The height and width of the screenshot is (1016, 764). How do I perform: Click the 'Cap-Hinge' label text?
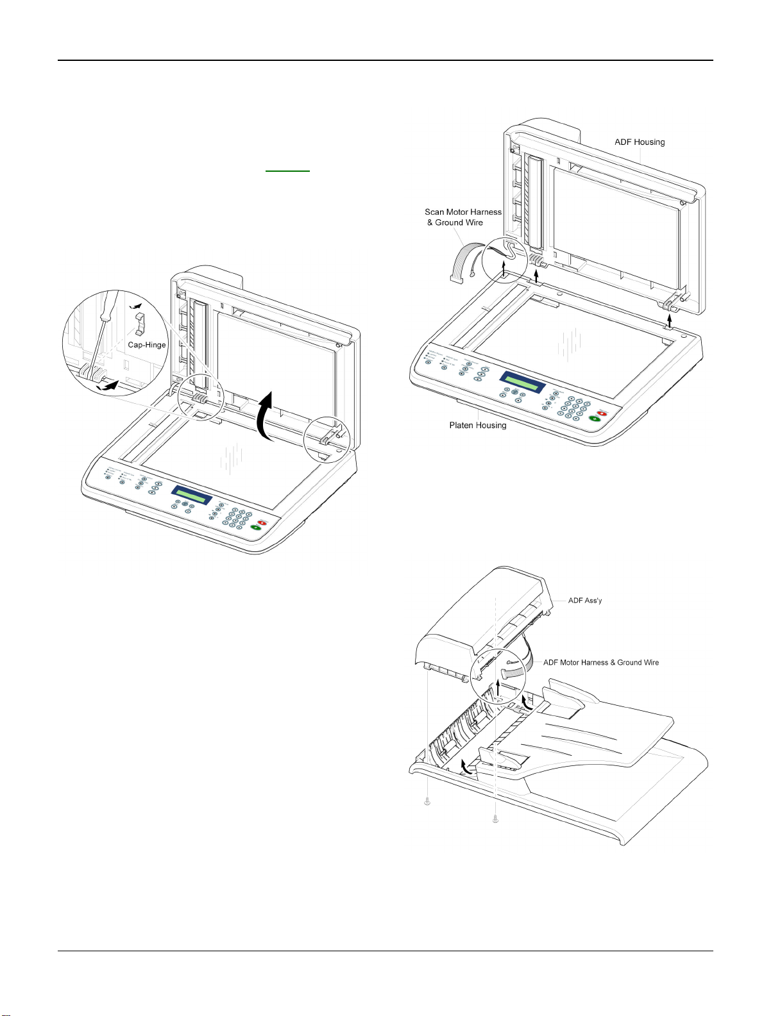(147, 345)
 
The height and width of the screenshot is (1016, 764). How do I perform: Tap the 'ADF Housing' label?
(640, 142)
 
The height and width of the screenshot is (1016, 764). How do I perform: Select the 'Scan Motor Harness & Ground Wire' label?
(463, 217)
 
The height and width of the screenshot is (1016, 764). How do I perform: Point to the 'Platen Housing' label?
(478, 426)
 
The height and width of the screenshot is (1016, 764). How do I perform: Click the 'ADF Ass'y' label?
(585, 601)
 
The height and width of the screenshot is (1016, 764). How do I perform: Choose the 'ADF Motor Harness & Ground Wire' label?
(601, 663)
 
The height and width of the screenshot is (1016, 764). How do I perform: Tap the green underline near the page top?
(287, 171)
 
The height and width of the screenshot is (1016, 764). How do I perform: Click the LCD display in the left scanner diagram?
(192, 496)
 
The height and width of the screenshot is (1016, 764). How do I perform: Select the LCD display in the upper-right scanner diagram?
(522, 382)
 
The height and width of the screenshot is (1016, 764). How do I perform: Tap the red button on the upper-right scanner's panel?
(602, 413)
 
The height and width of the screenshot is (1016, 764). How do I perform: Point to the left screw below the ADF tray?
(427, 801)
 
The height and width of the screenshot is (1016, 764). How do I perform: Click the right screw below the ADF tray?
(495, 818)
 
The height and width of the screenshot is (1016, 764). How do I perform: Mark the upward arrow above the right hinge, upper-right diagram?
(670, 319)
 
